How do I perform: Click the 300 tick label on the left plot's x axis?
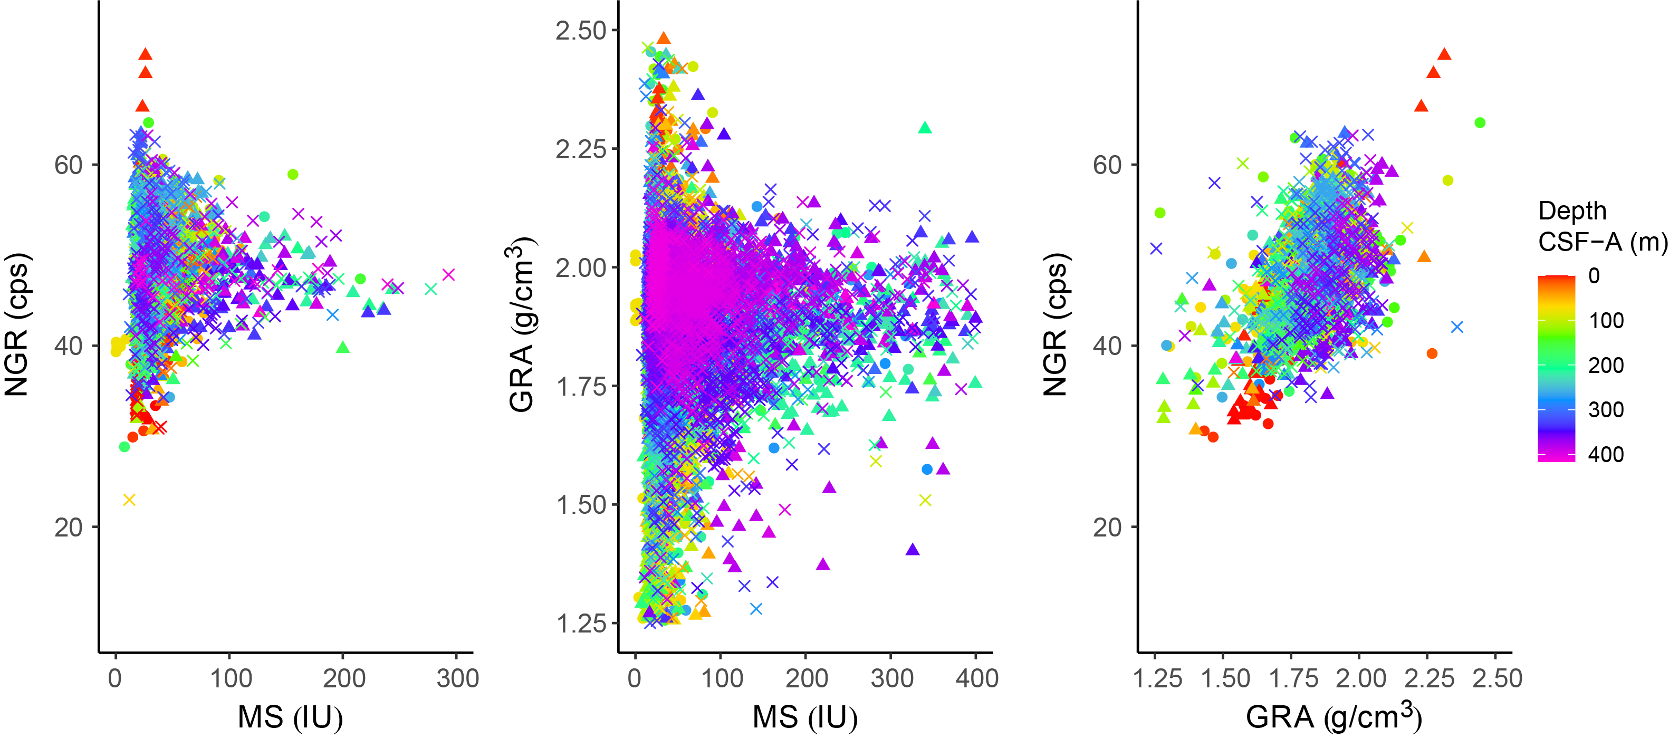(x=457, y=678)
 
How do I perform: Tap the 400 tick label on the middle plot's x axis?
(x=976, y=678)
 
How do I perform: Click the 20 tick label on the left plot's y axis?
(x=68, y=528)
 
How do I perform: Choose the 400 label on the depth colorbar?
(x=1606, y=454)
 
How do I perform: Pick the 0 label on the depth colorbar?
(x=1594, y=276)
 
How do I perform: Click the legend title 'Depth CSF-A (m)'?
(x=1601, y=226)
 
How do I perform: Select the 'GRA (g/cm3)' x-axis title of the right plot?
(x=1334, y=716)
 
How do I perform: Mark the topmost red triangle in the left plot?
(x=145, y=54)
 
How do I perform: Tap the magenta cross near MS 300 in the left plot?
(x=448, y=275)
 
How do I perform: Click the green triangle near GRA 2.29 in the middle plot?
(x=925, y=128)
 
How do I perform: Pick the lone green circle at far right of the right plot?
(x=1479, y=122)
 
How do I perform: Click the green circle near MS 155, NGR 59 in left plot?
(x=293, y=174)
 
